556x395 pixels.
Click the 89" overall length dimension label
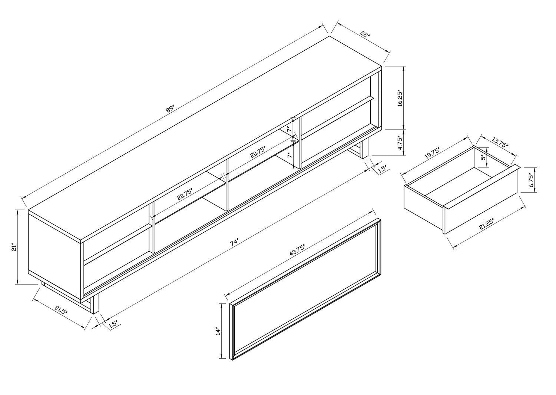pyautogui.click(x=170, y=109)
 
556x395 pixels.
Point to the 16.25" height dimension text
pyautogui.click(x=399, y=98)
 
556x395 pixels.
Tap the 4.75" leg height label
pyautogui.click(x=399, y=143)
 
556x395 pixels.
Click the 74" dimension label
pyautogui.click(x=234, y=242)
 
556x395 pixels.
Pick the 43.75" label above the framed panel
pyautogui.click(x=297, y=250)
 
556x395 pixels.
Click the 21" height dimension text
pyautogui.click(x=14, y=248)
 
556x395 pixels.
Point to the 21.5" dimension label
pyautogui.click(x=61, y=310)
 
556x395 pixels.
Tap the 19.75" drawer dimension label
pyautogui.click(x=432, y=153)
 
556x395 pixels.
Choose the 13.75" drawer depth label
pyautogui.click(x=500, y=143)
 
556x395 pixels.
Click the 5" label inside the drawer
pyautogui.click(x=483, y=158)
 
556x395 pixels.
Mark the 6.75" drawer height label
pyautogui.click(x=531, y=180)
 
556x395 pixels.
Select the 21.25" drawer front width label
pyautogui.click(x=486, y=224)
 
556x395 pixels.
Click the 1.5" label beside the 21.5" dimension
pyautogui.click(x=113, y=324)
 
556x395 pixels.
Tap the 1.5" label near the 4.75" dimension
pyautogui.click(x=382, y=169)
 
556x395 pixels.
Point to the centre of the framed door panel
pyautogui.click(x=305, y=289)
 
